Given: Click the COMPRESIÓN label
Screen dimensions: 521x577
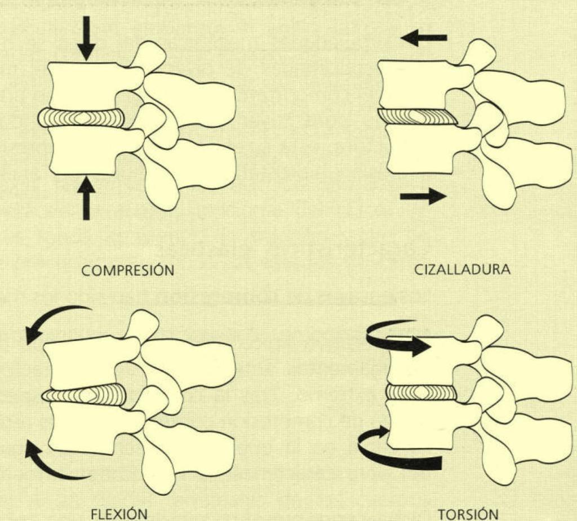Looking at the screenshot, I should pos(128,270).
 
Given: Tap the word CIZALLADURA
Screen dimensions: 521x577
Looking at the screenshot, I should pos(463,269).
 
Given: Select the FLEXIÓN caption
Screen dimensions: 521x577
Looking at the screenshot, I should pos(119,514).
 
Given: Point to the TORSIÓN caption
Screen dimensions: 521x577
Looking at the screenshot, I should pos(468,514).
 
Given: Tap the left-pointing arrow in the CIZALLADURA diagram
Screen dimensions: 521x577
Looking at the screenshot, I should pos(424,38).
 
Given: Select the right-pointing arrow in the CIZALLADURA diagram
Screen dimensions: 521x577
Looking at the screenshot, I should pos(423,196).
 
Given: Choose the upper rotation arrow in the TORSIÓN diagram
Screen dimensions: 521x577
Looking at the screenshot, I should pos(397,341).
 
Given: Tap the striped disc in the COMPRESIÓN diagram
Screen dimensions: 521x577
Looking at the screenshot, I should pos(82,118).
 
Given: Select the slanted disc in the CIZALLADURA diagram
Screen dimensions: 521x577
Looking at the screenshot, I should pos(417,116).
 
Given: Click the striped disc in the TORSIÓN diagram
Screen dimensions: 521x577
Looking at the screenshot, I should pos(421,392).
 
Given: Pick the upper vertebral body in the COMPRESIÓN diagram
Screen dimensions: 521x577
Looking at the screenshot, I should pos(85,84).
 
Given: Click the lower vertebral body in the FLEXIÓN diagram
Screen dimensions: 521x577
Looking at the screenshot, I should pos(85,428).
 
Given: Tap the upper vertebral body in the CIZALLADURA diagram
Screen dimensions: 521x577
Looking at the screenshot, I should pos(414,83).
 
